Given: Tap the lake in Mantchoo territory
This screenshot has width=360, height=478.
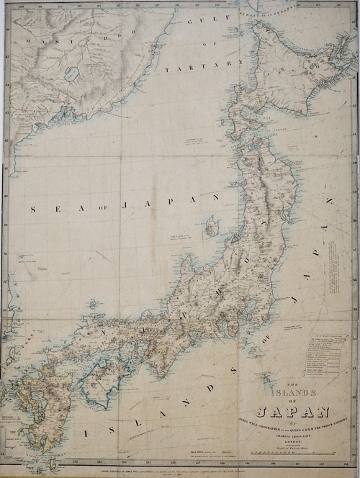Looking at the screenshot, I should click(x=71, y=73).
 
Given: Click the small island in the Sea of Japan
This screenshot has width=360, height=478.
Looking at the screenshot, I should click(x=212, y=227).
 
